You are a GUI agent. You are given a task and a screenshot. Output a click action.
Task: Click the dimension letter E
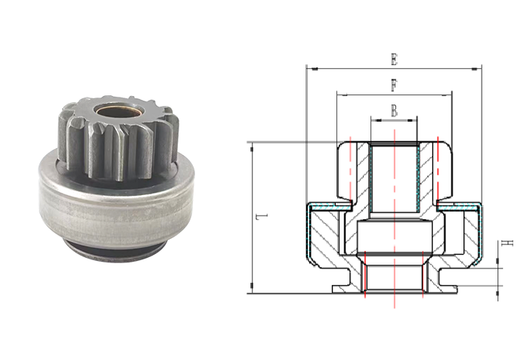pyautogui.click(x=394, y=60)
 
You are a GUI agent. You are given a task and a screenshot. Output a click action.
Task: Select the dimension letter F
pyautogui.click(x=394, y=85)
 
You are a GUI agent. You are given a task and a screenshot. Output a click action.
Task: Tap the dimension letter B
pyautogui.click(x=394, y=110)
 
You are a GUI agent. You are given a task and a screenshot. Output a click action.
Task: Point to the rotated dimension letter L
pyautogui.click(x=262, y=217)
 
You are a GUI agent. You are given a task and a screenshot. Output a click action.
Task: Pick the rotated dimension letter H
pyautogui.click(x=507, y=243)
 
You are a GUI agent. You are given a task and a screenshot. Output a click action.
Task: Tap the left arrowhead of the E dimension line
pyautogui.click(x=315, y=70)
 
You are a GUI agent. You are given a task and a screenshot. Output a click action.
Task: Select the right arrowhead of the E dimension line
pyautogui.click(x=474, y=70)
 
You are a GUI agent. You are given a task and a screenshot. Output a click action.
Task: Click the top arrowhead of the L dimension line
pyautogui.click(x=252, y=149)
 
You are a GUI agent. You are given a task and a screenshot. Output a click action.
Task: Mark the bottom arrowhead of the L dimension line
pyautogui.click(x=252, y=286)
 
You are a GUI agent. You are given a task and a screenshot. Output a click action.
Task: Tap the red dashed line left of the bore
pyautogui.click(x=350, y=168)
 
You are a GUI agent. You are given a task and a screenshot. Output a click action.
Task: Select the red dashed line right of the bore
pyautogui.click(x=438, y=168)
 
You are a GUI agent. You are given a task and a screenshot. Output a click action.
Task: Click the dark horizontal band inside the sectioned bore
pyautogui.click(x=394, y=254)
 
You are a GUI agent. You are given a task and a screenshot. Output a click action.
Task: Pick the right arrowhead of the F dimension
pyautogui.click(x=446, y=95)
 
